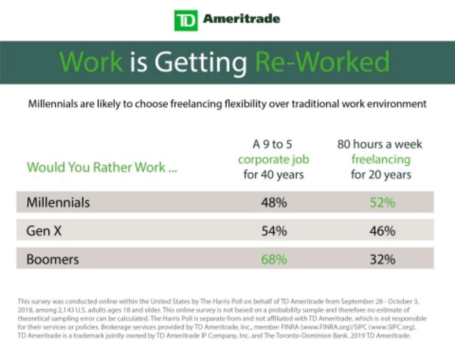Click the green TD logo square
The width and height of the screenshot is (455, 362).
click(186, 20)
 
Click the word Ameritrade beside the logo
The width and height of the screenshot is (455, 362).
click(242, 19)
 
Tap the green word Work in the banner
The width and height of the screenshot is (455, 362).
click(91, 62)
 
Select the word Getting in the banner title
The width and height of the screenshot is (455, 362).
click(201, 64)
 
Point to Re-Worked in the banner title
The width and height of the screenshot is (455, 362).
click(322, 62)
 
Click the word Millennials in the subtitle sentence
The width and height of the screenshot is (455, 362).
click(53, 104)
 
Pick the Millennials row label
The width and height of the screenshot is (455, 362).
click(58, 202)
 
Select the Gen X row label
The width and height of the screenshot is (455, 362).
click(44, 230)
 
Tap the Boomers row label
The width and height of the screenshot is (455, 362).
click(53, 259)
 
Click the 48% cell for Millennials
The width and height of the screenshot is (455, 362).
click(274, 202)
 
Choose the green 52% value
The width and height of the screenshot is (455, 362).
click(383, 202)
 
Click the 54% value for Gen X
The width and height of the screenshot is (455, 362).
click(274, 231)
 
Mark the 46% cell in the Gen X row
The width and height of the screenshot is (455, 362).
click(383, 231)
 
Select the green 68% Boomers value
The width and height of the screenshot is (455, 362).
click(274, 259)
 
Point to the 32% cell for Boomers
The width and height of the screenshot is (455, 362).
click(383, 259)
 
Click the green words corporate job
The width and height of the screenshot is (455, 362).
click(274, 160)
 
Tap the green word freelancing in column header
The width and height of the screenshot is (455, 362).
click(381, 160)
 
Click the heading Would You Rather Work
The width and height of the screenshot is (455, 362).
click(102, 167)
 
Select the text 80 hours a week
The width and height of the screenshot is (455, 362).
click(380, 144)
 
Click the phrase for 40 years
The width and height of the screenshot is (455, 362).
click(273, 175)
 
